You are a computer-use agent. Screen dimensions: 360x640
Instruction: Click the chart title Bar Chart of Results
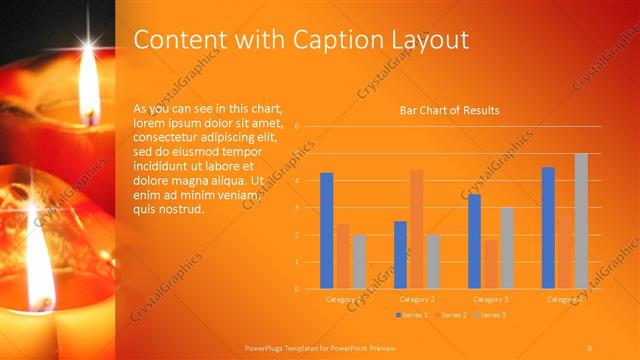tap(449, 110)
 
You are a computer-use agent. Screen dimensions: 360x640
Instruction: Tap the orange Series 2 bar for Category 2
tap(416, 229)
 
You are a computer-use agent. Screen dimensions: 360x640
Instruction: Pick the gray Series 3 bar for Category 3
tap(507, 248)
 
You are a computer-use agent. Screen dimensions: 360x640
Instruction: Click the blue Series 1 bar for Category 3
tap(474, 241)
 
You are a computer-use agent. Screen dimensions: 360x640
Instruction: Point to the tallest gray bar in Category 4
tap(581, 221)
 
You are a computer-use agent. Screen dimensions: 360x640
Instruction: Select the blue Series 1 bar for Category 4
tap(548, 228)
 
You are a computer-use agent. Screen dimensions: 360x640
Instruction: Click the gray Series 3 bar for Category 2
tap(433, 261)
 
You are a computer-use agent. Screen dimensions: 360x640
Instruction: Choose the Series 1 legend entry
tap(413, 315)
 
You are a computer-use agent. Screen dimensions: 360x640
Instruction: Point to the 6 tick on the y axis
tap(297, 127)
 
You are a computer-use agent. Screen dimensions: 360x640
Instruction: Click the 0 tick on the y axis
tap(297, 289)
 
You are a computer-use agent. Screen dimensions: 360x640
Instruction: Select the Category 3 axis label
tap(490, 299)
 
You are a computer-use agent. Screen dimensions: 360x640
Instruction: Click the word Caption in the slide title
tap(335, 40)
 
